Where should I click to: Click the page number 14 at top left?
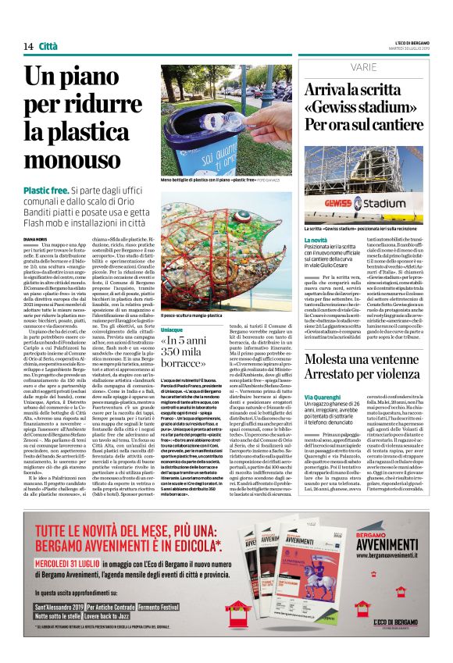coord(27,47)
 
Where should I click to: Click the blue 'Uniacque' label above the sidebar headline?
coord(174,330)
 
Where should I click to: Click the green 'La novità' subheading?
coord(316,240)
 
